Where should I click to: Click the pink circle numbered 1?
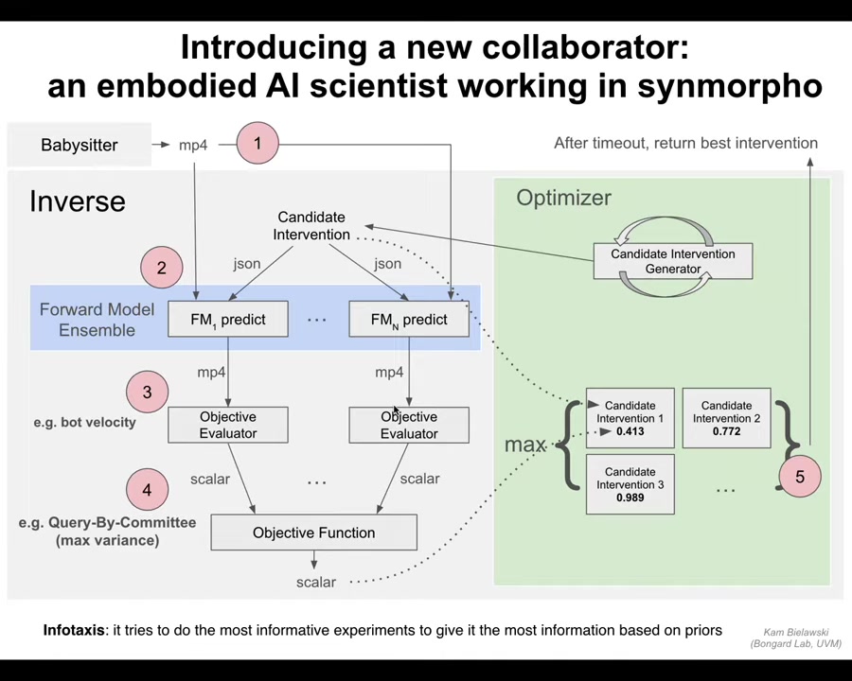pos(257,143)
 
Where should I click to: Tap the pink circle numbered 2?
pos(161,268)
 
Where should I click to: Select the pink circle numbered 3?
pos(147,392)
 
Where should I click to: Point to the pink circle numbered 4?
pos(147,490)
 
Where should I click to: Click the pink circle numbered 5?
pos(799,476)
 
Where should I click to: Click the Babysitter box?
pos(80,145)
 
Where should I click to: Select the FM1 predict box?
pos(228,320)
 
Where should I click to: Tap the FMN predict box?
pos(409,320)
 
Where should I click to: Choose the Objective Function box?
pos(313,533)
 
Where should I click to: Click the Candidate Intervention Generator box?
pos(673,261)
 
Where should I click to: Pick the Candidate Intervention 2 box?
pos(726,418)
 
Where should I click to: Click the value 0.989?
pos(630,498)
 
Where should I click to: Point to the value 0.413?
pos(630,431)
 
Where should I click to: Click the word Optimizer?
pos(563,198)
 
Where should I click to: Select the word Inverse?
pos(77,201)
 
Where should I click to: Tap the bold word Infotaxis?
pos(74,630)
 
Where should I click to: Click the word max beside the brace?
pos(525,444)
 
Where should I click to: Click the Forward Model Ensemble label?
pos(97,320)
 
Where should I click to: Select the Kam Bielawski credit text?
pos(795,637)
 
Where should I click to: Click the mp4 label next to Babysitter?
pos(193,145)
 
